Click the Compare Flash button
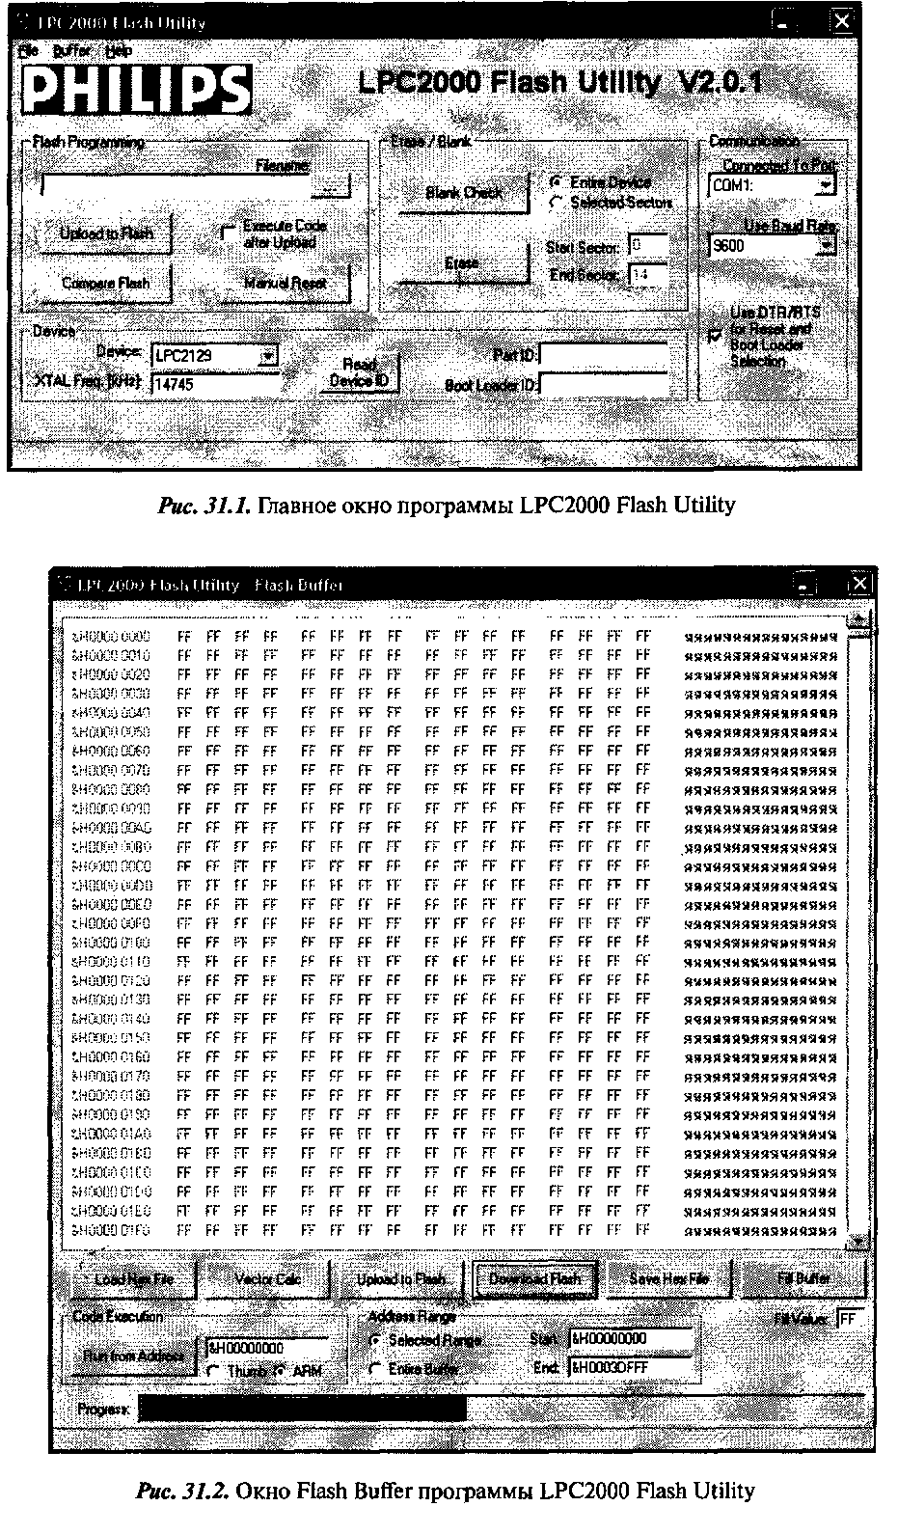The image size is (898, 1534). click(105, 283)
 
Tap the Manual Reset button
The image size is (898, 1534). click(285, 283)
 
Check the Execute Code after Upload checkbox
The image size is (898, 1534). click(228, 233)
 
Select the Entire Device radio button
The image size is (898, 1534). click(557, 181)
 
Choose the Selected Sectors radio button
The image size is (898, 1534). click(557, 203)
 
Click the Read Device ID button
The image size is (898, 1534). click(359, 372)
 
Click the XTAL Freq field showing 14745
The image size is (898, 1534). click(214, 383)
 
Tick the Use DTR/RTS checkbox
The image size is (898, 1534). click(714, 335)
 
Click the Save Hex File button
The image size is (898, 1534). click(668, 1279)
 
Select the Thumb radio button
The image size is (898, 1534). click(212, 1370)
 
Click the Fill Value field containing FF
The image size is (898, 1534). click(851, 1318)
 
